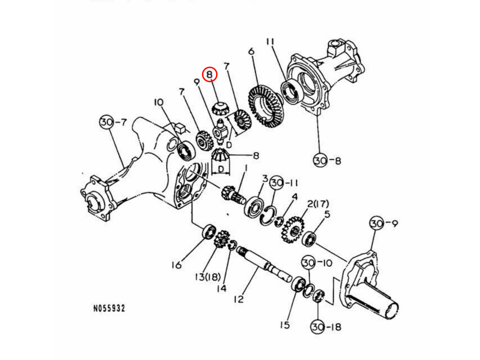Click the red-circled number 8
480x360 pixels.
click(209, 74)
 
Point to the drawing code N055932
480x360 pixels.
click(109, 308)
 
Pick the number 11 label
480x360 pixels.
click(270, 42)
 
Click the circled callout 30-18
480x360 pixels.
click(326, 327)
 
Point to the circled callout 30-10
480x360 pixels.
click(316, 263)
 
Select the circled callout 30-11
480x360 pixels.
click(284, 183)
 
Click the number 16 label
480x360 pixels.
click(177, 264)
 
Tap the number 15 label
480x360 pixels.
click(284, 325)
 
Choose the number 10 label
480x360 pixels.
click(159, 103)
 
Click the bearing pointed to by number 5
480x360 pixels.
click(310, 239)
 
